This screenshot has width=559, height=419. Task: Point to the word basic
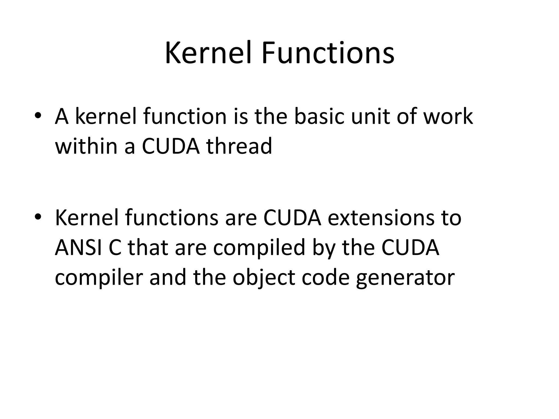(319, 116)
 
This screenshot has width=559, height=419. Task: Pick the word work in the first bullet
(448, 116)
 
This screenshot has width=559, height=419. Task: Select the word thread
(239, 146)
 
